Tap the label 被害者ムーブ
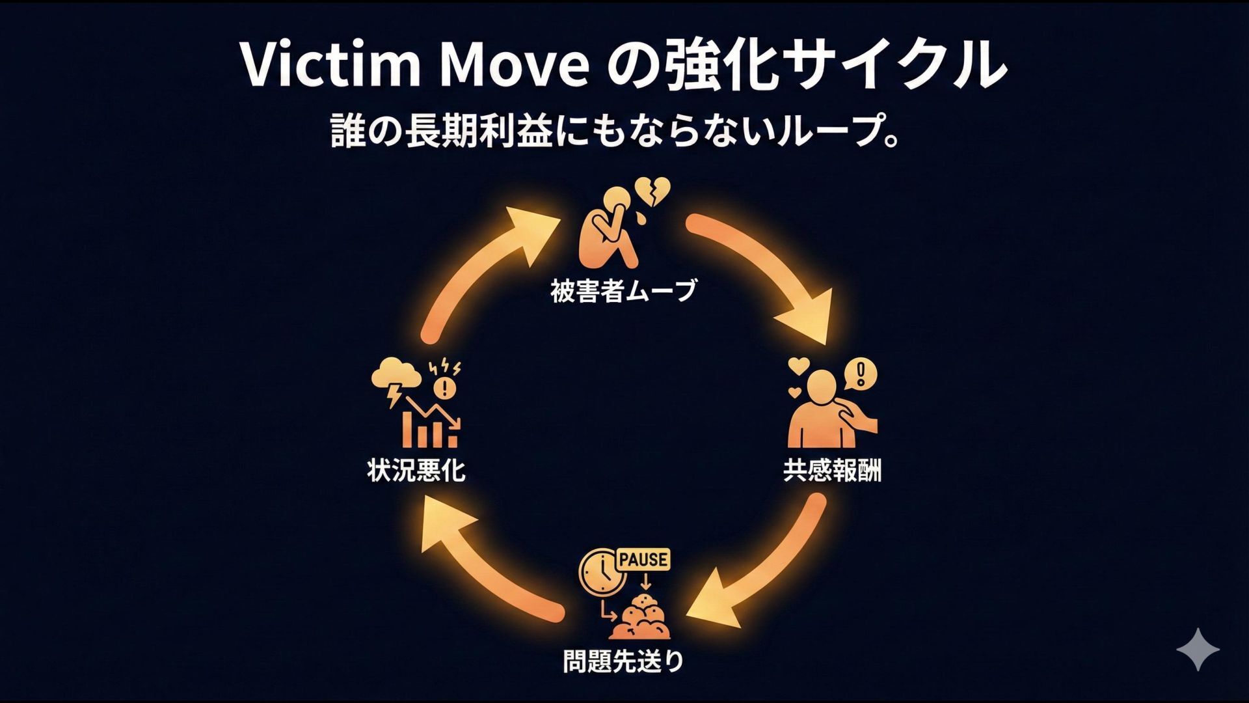tap(623, 291)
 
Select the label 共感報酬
tap(832, 470)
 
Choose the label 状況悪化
tap(416, 470)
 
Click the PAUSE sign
tap(643, 559)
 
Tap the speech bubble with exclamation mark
tap(860, 374)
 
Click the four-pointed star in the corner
tap(1198, 649)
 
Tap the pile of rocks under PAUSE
tap(641, 618)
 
